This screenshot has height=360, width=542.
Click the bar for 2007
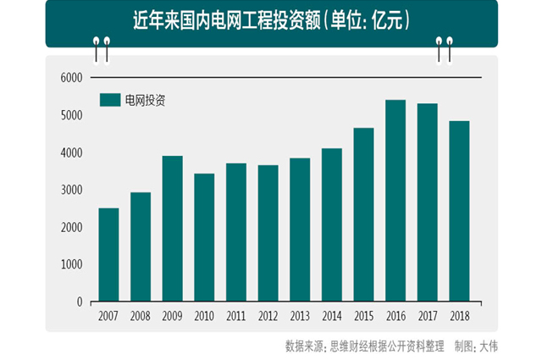point(108,255)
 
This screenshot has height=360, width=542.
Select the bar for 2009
point(172,229)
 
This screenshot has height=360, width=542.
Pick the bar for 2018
point(459,211)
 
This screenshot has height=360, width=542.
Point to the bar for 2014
point(331,224)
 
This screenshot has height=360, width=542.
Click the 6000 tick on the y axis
point(70,78)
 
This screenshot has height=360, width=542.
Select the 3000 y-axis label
point(70,190)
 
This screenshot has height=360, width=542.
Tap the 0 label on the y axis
point(79,302)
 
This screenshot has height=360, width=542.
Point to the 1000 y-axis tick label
point(70,264)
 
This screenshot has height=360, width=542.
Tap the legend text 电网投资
point(145,100)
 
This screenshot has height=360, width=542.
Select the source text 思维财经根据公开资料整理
point(384,346)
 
